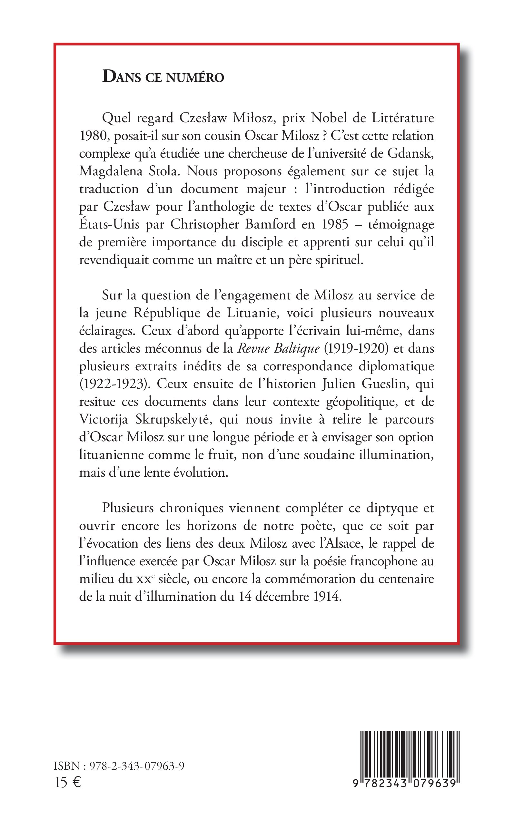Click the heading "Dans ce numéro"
(163, 77)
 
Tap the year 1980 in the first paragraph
(93, 136)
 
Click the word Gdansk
(411, 153)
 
